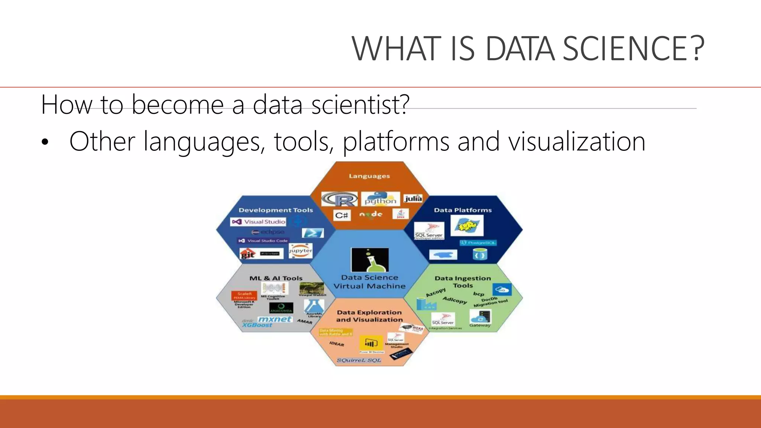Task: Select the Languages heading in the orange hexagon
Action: coord(369,176)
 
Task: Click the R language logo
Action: coord(340,200)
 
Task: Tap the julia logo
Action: coord(413,198)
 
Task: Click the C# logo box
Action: coord(341,215)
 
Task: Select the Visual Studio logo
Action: coord(259,222)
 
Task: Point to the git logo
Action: coord(248,254)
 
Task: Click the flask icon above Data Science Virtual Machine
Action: coord(370,260)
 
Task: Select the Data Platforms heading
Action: coord(463,210)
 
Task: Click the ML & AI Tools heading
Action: coord(276,278)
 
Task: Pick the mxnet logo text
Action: coord(275,319)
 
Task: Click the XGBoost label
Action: coord(257,325)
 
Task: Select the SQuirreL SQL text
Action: coord(359,360)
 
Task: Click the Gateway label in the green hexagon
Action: coord(480,325)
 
